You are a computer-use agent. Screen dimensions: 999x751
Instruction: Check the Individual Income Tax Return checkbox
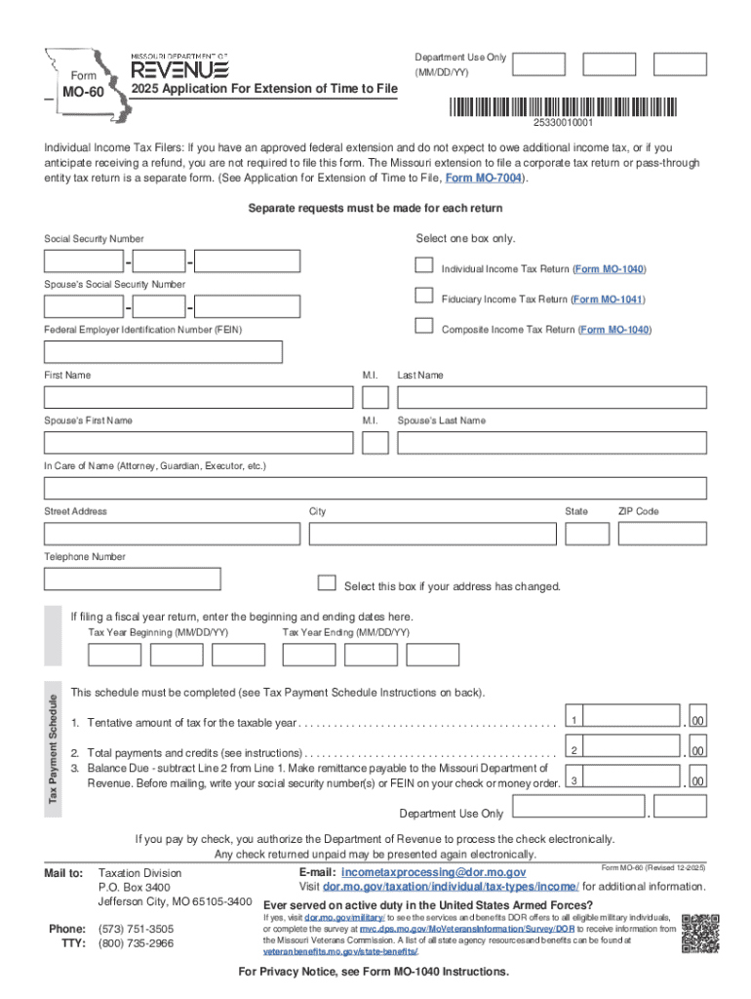423,265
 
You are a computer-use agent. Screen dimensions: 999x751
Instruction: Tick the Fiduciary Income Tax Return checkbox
423,296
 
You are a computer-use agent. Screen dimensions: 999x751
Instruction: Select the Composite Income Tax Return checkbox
423,326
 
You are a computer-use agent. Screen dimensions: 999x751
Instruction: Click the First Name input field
199,397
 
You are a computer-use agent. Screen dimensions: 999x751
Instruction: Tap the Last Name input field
551,397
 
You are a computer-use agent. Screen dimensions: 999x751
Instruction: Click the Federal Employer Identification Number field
164,352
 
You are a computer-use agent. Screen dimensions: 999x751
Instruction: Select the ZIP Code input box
662,534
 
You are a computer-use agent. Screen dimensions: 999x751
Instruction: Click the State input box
587,534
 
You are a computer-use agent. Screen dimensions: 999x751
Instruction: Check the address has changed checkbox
328,583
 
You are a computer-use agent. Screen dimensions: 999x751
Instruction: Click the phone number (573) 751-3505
137,929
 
